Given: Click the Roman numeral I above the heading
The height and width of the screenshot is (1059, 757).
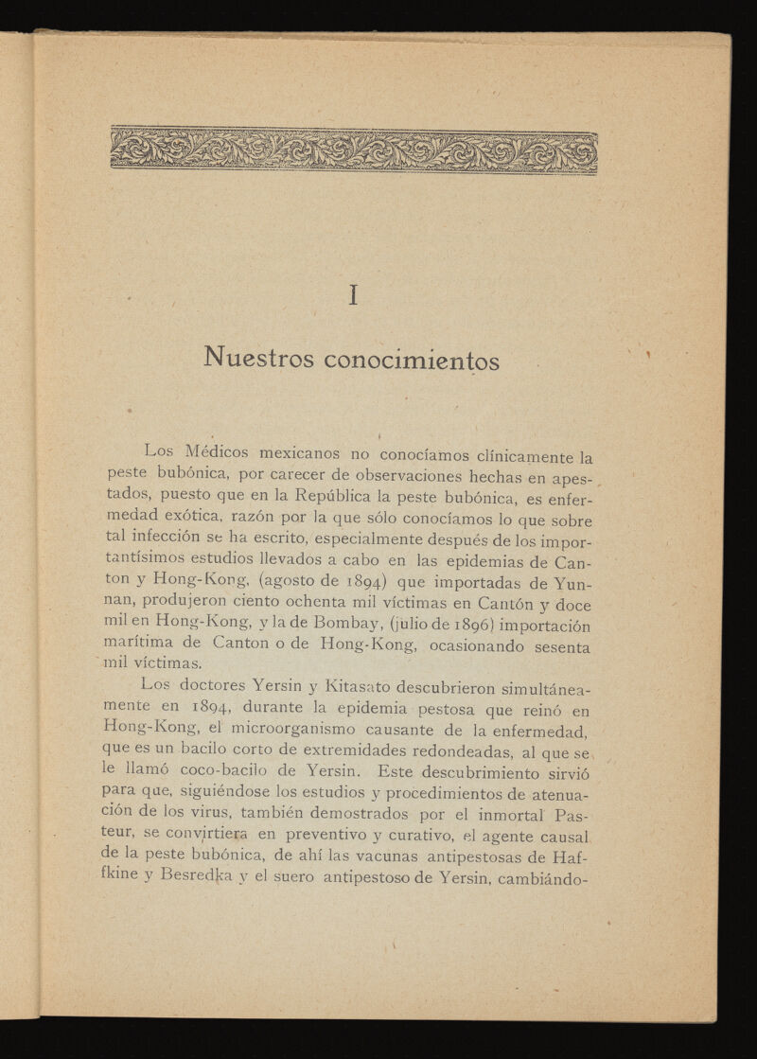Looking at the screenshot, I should tap(353, 296).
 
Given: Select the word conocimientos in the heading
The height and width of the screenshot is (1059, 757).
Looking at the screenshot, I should tap(412, 361).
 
